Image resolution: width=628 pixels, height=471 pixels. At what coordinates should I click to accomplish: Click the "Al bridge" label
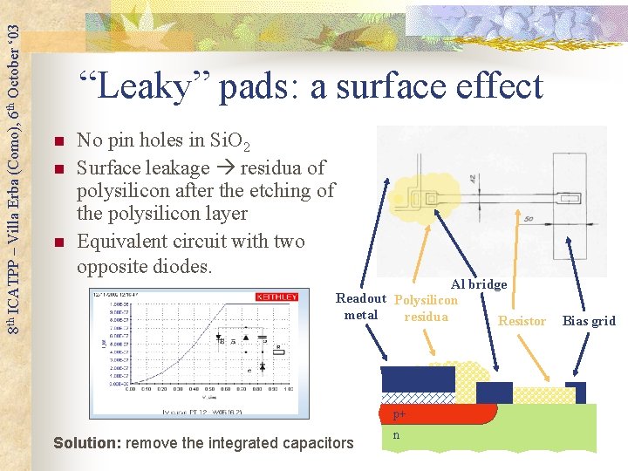coord(478,284)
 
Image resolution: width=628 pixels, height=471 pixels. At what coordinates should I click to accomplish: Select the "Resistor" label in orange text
coord(522,321)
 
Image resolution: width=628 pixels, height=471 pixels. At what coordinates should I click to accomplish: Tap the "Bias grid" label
coord(589,321)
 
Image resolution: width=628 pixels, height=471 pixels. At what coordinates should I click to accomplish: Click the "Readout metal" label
coord(361,307)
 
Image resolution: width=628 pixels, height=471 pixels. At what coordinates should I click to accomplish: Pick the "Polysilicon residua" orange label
coord(426,308)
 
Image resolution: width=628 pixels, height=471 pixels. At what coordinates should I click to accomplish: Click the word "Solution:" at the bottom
coord(87,443)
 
